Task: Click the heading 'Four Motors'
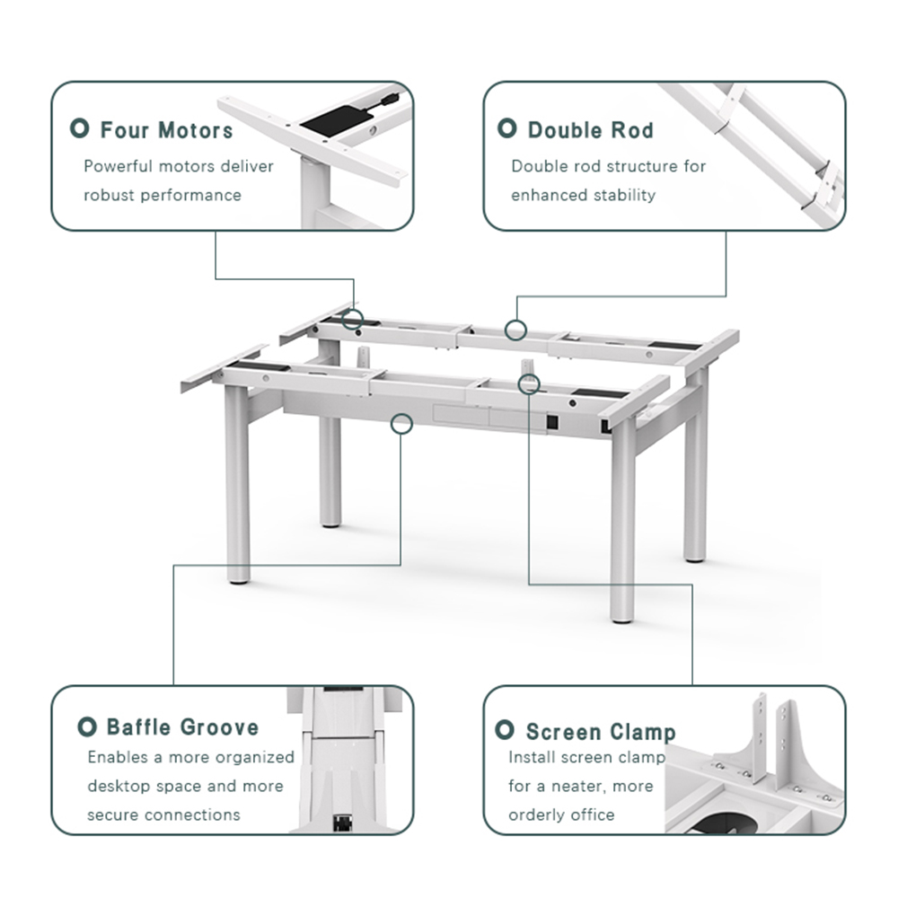(166, 130)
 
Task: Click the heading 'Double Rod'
(590, 130)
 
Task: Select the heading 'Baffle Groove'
(182, 727)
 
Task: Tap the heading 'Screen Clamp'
(600, 732)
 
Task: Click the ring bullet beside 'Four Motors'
(81, 129)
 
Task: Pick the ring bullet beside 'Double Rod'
(507, 129)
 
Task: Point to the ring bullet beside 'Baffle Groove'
(87, 726)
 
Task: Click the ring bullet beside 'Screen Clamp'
(506, 730)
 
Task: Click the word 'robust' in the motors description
(110, 195)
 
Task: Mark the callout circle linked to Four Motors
(354, 319)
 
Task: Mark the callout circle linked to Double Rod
(515, 330)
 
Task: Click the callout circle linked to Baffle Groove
(402, 423)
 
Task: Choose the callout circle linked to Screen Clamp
(530, 383)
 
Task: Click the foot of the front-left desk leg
(238, 577)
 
